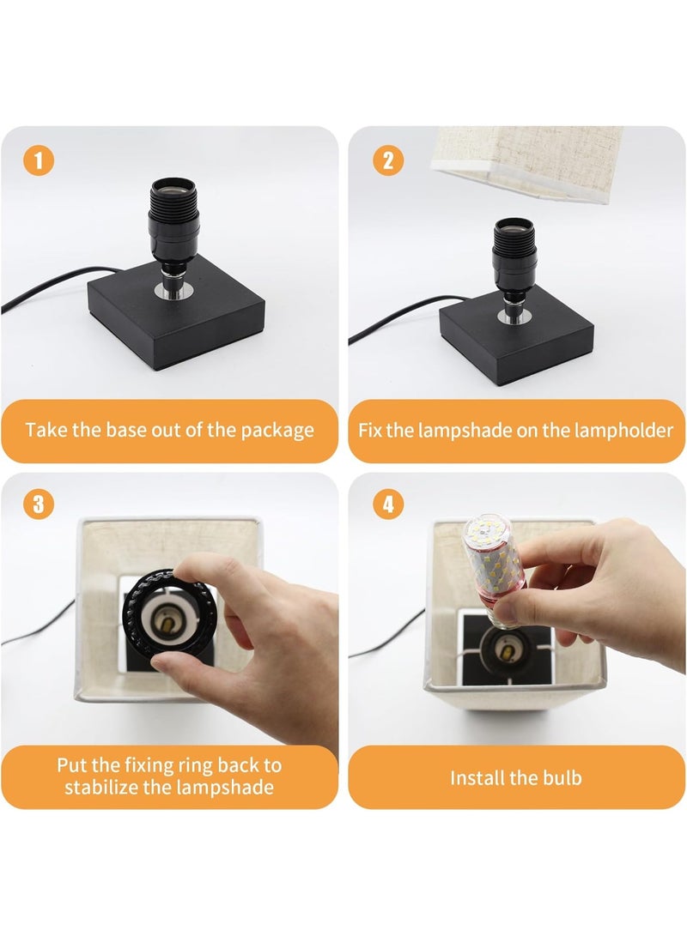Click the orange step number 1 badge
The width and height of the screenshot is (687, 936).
tap(39, 160)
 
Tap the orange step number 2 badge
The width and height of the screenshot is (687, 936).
tap(387, 160)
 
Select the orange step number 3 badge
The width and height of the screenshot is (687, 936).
tap(39, 504)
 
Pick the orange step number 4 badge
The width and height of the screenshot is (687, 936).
tap(387, 504)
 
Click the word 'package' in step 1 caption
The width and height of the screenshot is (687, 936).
tap(277, 431)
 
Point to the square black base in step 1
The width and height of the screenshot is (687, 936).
tap(176, 313)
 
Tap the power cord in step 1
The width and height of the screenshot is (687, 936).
tap(54, 287)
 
